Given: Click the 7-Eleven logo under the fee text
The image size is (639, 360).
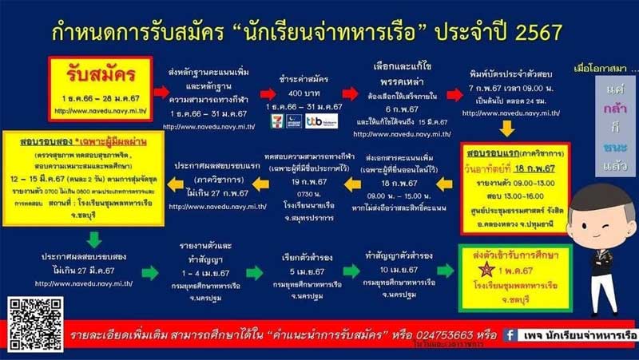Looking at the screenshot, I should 276,121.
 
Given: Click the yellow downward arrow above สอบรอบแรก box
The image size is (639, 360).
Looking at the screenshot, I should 505,130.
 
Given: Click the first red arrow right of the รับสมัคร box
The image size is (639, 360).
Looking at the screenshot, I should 161,91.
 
